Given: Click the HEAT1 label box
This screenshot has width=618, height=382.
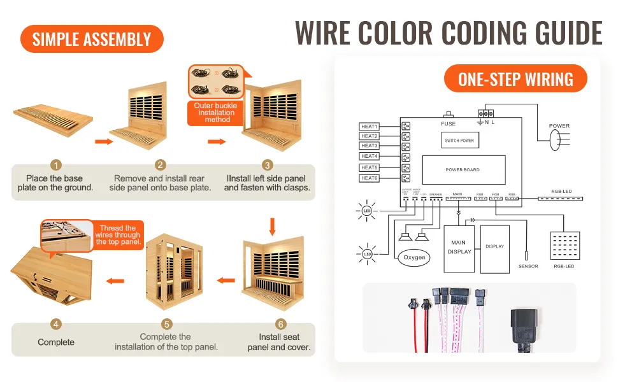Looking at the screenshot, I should pyautogui.click(x=370, y=126).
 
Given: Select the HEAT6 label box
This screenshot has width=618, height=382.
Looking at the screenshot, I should pyautogui.click(x=370, y=178).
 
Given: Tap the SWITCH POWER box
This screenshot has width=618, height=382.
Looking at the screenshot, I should pyautogui.click(x=459, y=140).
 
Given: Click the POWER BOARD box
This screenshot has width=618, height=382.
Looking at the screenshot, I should pyautogui.click(x=463, y=170).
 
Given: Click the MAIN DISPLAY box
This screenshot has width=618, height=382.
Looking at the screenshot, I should pyautogui.click(x=459, y=248).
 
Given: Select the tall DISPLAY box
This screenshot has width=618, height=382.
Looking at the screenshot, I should pyautogui.click(x=495, y=247).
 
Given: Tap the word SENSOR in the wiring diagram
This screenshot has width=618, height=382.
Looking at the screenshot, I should pyautogui.click(x=528, y=266).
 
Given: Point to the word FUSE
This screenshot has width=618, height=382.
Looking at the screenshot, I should pyautogui.click(x=449, y=124).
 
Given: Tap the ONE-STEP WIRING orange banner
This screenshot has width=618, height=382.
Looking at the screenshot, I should pyautogui.click(x=515, y=79).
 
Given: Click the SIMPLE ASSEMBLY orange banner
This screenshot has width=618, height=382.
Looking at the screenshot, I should pyautogui.click(x=92, y=39).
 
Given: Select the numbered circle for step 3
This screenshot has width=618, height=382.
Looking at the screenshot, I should pyautogui.click(x=268, y=165).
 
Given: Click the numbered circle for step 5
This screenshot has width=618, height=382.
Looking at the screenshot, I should pyautogui.click(x=166, y=323).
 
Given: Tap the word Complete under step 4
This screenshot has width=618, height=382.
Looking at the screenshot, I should pyautogui.click(x=56, y=342).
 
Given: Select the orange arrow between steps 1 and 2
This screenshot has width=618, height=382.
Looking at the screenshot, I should pyautogui.click(x=103, y=140).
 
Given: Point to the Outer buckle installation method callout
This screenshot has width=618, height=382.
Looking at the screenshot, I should pyautogui.click(x=216, y=112).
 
